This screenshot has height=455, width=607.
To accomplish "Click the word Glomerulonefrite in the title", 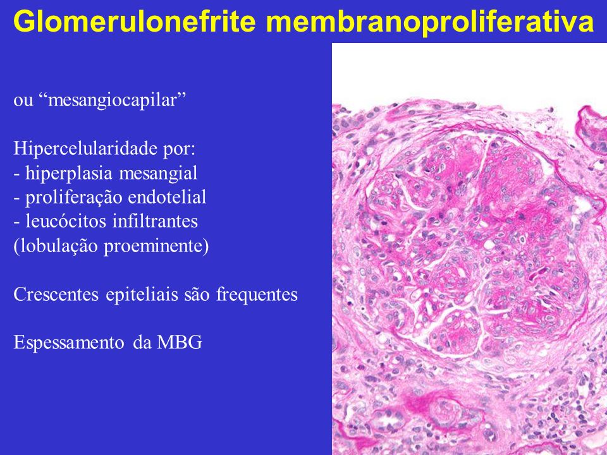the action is pos(135,21).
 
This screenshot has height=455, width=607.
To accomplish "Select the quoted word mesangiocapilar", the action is pos(113,100).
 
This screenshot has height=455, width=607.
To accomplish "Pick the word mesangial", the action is pos(158,173).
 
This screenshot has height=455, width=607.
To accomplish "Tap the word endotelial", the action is pos(167,197).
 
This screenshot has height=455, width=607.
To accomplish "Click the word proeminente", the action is pos(156,246).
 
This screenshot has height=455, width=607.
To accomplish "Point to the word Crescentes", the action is pos(57,294).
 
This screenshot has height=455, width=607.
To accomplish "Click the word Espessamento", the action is pos(69,343).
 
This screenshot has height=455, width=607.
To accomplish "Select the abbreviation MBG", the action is pos(179,343).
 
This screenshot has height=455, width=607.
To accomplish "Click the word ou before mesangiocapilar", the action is pos(23,101).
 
